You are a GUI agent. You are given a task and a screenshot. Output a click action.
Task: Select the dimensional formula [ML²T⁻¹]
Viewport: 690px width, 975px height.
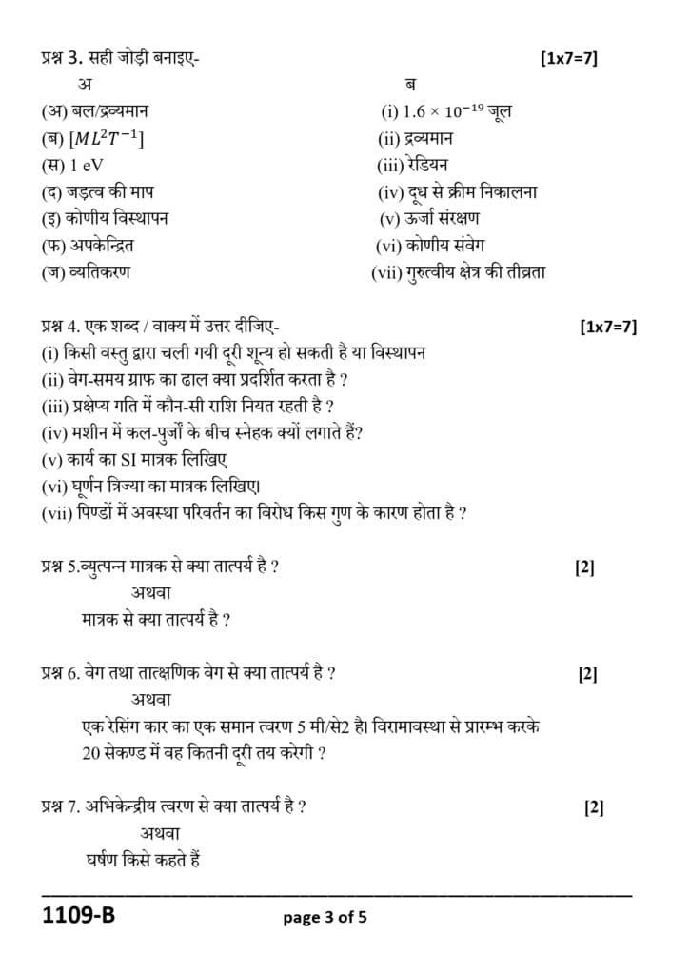click(93, 138)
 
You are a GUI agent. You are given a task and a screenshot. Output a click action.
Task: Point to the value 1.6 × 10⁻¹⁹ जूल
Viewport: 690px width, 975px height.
click(445, 110)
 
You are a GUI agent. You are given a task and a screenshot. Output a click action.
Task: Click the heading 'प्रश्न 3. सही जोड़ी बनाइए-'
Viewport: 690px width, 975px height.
click(121, 58)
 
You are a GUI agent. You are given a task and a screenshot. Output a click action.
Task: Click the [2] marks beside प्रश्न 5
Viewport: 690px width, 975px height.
click(584, 567)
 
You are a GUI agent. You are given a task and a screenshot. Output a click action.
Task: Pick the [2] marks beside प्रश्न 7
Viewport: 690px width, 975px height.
click(594, 807)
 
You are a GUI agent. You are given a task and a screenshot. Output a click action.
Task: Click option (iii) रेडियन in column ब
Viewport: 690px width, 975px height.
click(412, 165)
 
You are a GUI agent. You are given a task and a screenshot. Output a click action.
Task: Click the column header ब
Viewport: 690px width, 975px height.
click(410, 85)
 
